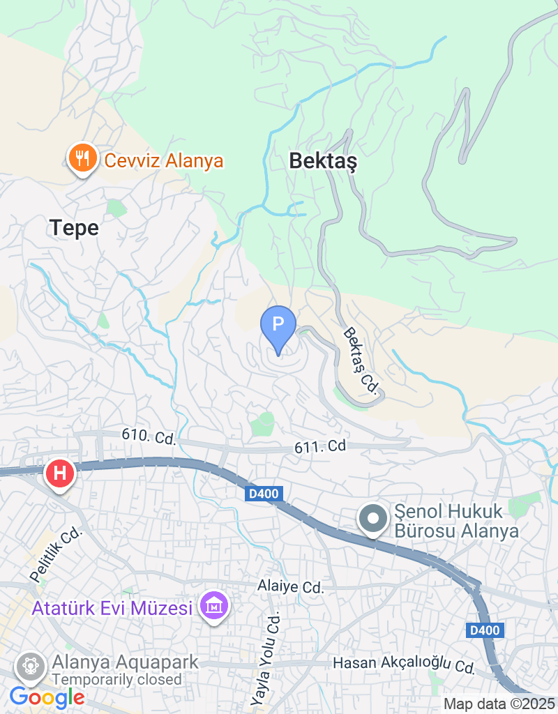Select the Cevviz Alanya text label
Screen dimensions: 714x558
point(163,161)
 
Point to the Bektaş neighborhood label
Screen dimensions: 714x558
point(323,162)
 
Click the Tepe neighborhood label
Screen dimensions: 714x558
point(74,227)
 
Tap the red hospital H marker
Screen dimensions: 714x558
point(60,473)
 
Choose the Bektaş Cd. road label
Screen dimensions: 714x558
point(361,361)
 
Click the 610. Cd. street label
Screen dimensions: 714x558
point(148,436)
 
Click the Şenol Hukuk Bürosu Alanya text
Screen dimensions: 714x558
point(457,522)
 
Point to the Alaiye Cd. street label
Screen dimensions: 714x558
point(291,586)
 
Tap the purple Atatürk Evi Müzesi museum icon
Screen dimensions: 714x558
point(214,607)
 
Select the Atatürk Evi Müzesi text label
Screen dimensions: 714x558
point(112,608)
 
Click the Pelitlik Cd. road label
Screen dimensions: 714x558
point(56,555)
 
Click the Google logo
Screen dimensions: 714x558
point(47,697)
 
